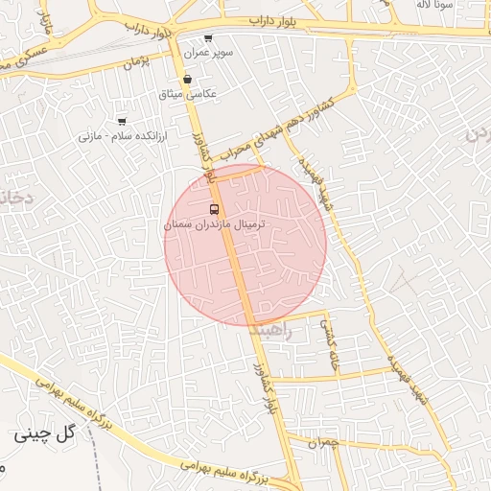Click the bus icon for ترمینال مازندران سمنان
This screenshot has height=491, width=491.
[213, 208]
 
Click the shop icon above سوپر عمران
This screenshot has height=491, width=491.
[208, 37]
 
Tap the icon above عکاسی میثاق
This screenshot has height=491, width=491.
[186, 80]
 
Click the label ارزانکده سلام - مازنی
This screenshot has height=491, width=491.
[122, 136]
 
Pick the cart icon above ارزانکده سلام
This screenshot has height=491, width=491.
[121, 122]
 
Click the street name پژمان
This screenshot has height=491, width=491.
[140, 65]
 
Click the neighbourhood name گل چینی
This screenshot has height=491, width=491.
[44, 434]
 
